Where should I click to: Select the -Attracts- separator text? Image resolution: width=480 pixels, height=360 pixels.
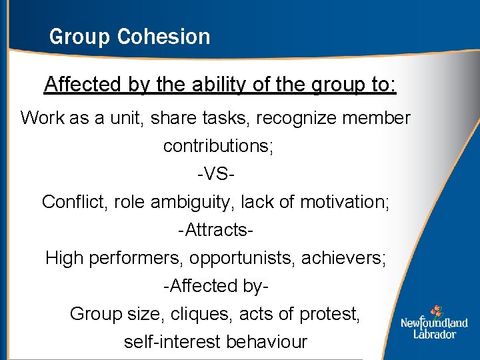click(x=215, y=230)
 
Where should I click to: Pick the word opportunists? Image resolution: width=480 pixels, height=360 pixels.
click(x=243, y=258)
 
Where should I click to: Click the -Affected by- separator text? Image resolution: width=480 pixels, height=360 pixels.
click(x=216, y=286)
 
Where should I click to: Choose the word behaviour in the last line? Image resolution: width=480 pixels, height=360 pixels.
click(x=267, y=342)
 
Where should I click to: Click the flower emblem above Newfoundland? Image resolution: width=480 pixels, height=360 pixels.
click(x=436, y=311)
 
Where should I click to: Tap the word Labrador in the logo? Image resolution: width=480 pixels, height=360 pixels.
click(x=434, y=333)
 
